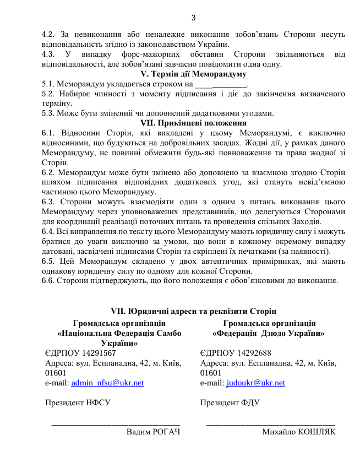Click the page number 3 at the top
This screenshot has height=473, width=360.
coord(193,18)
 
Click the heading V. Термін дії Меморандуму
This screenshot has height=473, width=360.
coord(193,74)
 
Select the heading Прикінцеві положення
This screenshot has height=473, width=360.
coord(193,123)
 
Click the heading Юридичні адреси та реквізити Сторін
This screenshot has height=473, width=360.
coord(193,312)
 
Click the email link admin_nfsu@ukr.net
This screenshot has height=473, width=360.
coord(108,383)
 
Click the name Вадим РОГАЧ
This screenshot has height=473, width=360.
coord(154,432)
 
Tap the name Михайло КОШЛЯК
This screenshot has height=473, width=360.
coord(299,432)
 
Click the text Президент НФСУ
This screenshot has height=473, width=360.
coord(77,403)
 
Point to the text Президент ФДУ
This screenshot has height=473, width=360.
coord(230,403)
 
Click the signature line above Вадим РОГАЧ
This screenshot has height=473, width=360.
coord(116,423)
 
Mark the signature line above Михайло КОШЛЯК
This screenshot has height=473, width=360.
coord(271,423)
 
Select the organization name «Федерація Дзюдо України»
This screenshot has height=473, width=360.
coord(269,333)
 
